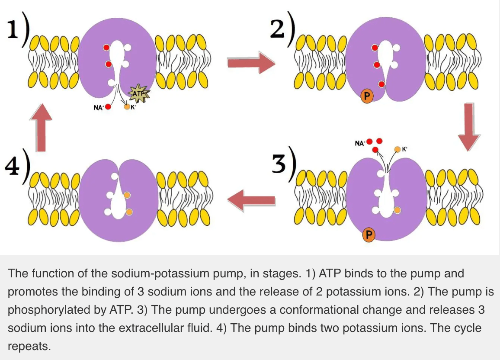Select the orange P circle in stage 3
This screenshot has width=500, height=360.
coord(369,235)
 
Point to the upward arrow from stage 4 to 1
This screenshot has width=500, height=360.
coord(42,127)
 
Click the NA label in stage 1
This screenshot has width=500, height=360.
coord(98,107)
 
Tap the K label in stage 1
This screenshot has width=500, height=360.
coord(133,107)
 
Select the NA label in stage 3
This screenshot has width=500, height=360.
coord(360,143)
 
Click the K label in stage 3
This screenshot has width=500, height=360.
coord(404,149)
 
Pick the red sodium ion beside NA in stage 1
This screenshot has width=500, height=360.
coord(108,107)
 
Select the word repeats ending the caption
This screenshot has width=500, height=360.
coord(29,346)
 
